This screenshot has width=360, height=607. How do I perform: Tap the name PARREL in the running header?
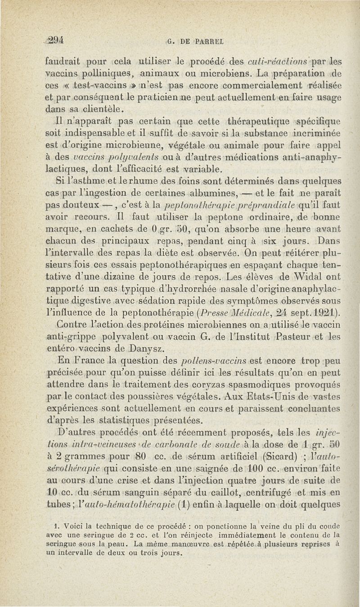coord(213,42)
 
